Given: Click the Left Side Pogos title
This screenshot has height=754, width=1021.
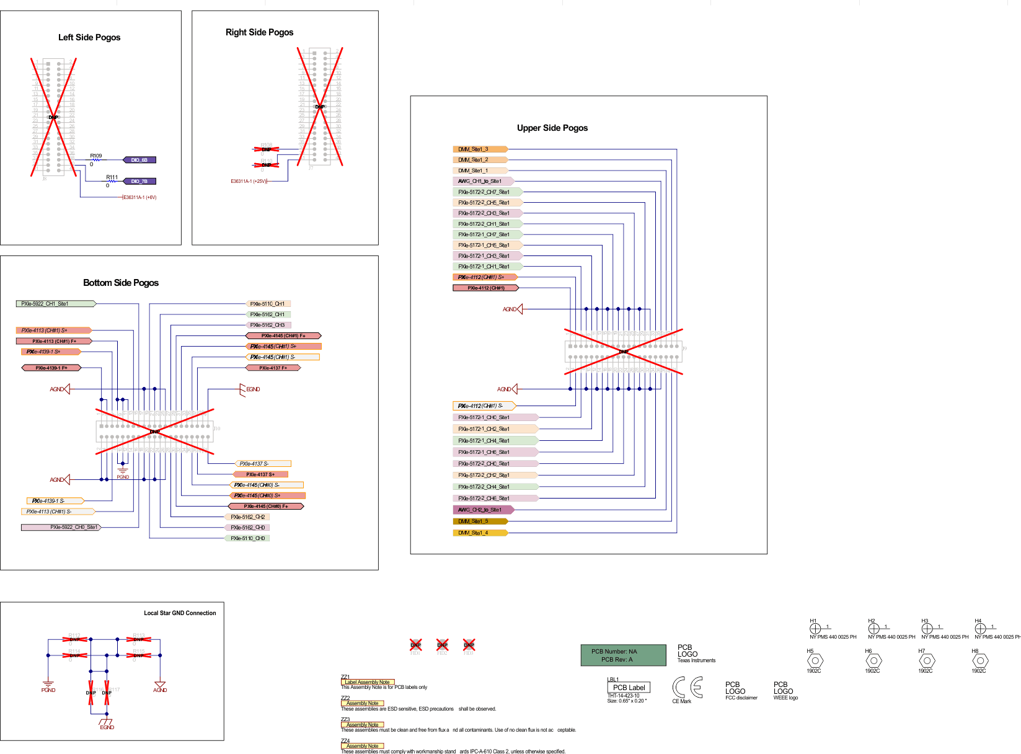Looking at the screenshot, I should pos(89,37).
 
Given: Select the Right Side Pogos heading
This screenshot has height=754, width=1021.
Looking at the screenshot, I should pos(259,32).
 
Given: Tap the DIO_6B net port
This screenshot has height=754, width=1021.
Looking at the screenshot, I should pos(139,160).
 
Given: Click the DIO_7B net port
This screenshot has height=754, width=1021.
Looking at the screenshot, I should pos(139,182).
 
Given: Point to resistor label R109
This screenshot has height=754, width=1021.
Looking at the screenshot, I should pos(95,156).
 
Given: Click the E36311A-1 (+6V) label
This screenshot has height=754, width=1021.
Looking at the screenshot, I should pos(140,198).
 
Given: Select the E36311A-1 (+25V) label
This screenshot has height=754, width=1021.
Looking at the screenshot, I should pos(249,182).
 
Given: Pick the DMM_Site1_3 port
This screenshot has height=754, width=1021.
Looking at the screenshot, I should pos(480,149).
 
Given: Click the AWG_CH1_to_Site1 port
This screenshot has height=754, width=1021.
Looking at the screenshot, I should pos(483,182).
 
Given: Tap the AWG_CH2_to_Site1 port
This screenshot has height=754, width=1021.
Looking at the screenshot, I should pos(483,510).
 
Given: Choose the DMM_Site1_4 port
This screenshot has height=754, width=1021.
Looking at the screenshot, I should pos(480,533).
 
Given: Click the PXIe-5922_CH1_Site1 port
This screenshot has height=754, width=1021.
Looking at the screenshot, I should pos(55,304).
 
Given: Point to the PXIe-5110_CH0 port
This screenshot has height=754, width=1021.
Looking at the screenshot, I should pos(247,538).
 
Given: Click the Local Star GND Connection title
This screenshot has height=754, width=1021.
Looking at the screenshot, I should pos(180,613).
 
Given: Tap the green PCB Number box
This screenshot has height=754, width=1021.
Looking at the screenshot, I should pos(622,655).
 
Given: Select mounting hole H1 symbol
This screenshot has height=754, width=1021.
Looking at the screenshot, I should pos(815,629).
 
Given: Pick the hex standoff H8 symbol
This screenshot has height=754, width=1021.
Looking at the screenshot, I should pos(980,661).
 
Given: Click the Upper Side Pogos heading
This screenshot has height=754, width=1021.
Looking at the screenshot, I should pos(552,128).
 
